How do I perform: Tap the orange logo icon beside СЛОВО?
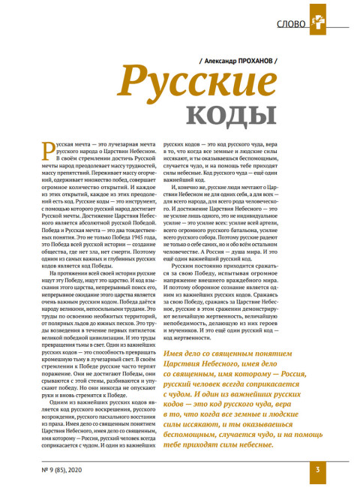coord(320,23)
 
